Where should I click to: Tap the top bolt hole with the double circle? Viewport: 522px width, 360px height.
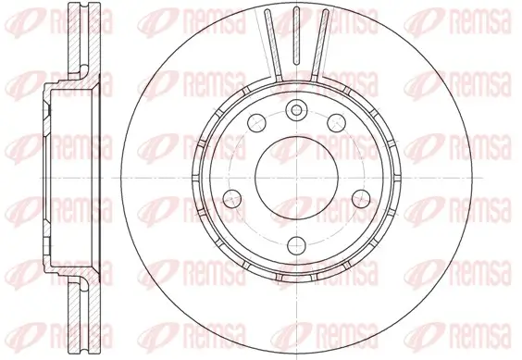coord(295,110)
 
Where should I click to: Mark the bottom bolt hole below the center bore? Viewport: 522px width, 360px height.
coord(295,244)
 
